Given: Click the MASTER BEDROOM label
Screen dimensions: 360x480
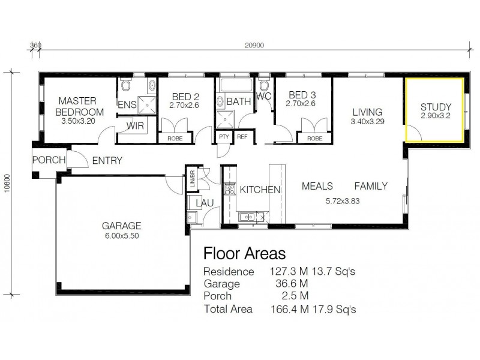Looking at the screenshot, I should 79,107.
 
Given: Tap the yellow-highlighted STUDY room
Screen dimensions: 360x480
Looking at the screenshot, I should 434,109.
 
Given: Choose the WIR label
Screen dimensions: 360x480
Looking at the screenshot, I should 134,126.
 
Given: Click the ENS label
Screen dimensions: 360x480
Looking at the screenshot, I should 127,105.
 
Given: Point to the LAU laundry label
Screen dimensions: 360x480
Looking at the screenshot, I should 206,204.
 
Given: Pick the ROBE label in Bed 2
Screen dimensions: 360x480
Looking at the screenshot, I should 175,138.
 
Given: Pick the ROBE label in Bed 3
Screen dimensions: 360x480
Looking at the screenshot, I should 314,138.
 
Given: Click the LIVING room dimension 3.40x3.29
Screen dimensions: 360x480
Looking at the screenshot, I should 367,122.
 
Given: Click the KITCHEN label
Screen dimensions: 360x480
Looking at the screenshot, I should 260,190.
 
